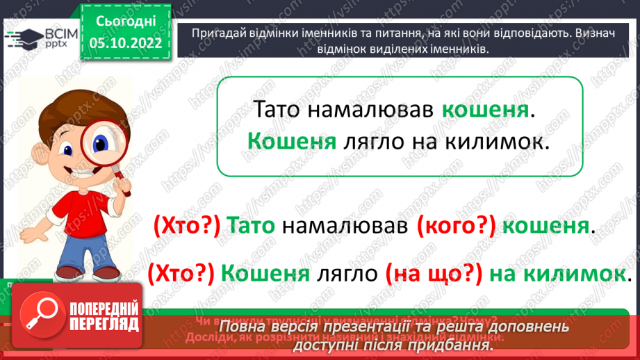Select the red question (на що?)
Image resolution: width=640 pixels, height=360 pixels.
tap(432, 274)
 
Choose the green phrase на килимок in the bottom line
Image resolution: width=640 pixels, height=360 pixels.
tap(557, 274)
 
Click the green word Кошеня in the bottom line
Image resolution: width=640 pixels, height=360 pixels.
tap(265, 274)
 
